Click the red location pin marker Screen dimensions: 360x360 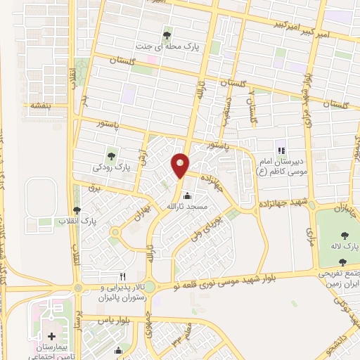pos(181,165)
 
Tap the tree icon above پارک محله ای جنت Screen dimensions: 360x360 pos(167,35)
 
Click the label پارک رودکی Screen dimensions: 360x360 pos(111,168)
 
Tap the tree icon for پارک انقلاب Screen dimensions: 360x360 pos(77,209)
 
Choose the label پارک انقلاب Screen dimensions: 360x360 pos(96,219)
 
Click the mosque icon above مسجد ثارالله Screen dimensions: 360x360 pos(186,195)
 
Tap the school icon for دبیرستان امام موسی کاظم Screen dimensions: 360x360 pos(281,149)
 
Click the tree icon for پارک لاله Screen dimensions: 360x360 pos(345,236)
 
